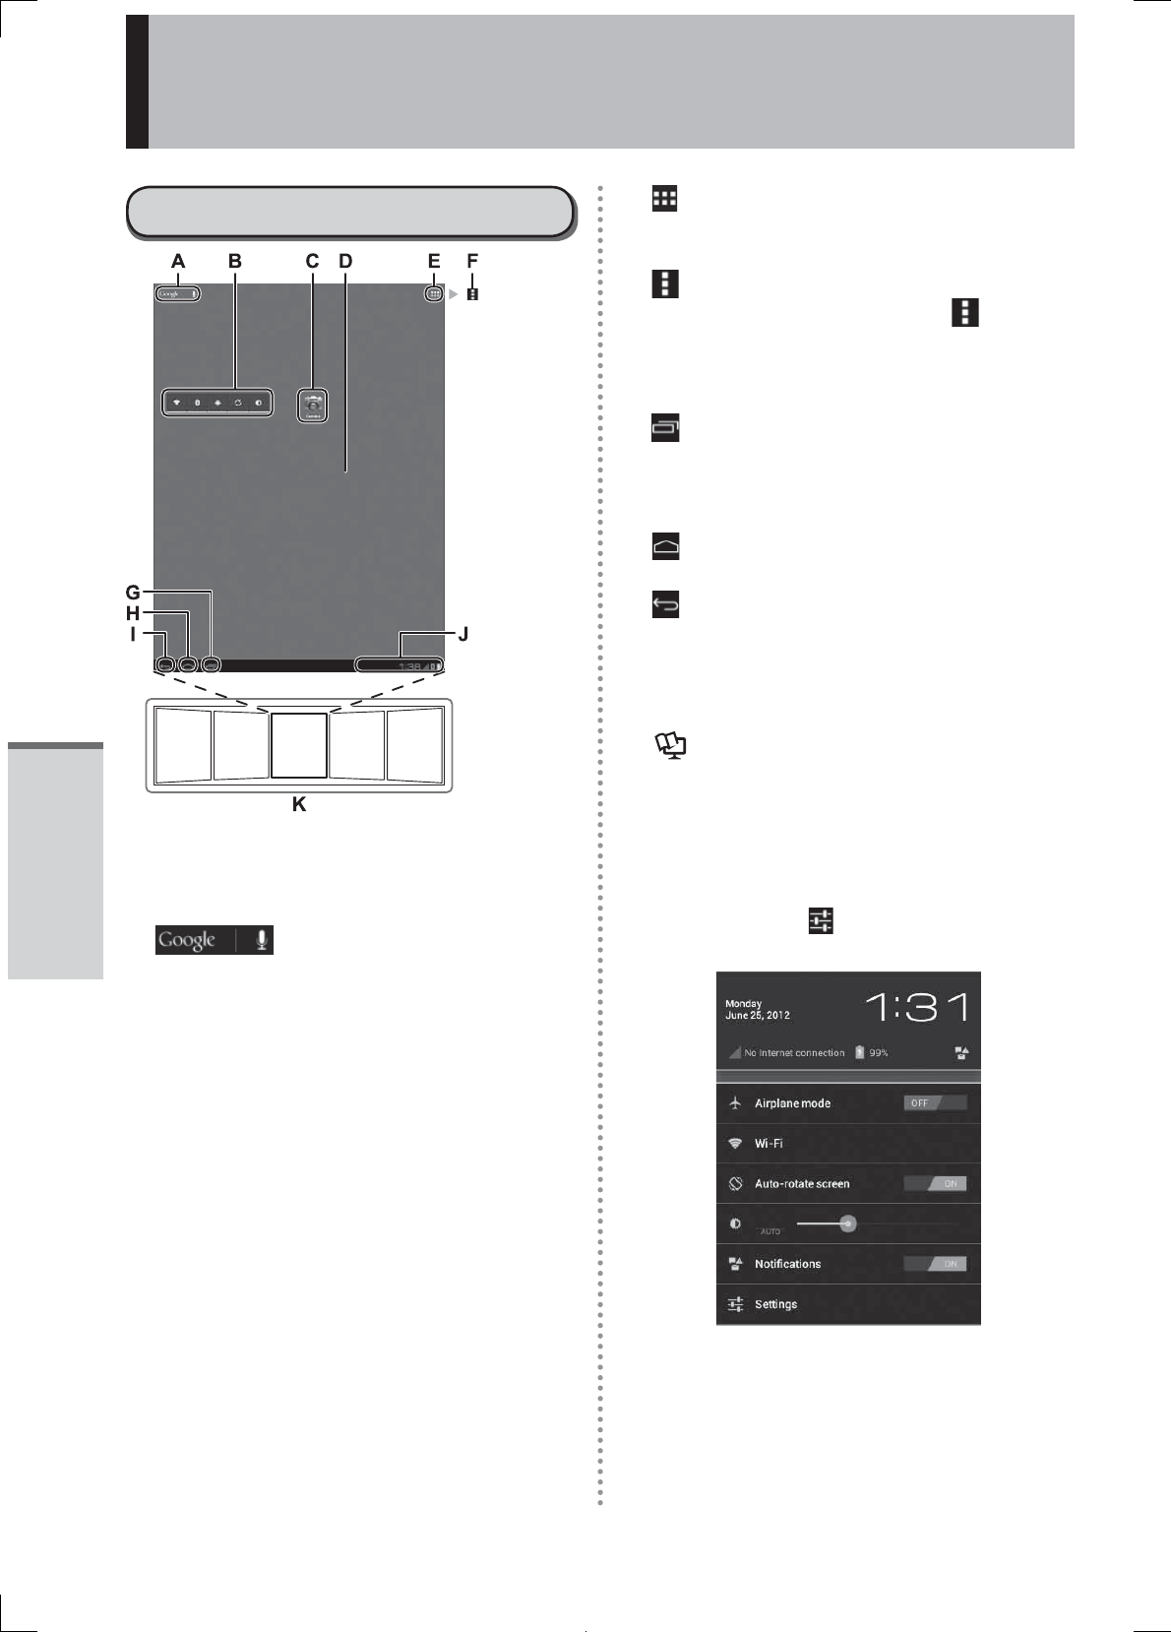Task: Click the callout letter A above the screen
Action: (x=178, y=261)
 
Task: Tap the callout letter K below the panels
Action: (x=299, y=804)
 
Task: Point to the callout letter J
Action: (x=462, y=634)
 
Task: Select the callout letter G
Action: (x=133, y=593)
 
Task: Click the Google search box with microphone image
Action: (x=215, y=940)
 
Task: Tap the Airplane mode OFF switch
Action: (x=935, y=1102)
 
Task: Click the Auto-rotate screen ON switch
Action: (x=935, y=1183)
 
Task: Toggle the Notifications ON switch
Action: (x=935, y=1264)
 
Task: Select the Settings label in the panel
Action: (x=775, y=1304)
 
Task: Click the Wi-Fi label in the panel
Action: (x=769, y=1144)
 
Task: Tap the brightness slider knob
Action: (x=848, y=1224)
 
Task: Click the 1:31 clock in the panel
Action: (x=917, y=1007)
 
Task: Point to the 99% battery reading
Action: (x=879, y=1053)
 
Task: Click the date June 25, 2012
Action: (x=758, y=1015)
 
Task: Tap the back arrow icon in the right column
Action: (x=666, y=604)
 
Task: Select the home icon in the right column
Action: (x=666, y=547)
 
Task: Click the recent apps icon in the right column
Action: (x=666, y=428)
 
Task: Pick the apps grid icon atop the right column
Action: (x=665, y=199)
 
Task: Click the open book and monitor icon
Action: (x=671, y=746)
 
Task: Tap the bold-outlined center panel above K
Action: (x=299, y=746)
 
